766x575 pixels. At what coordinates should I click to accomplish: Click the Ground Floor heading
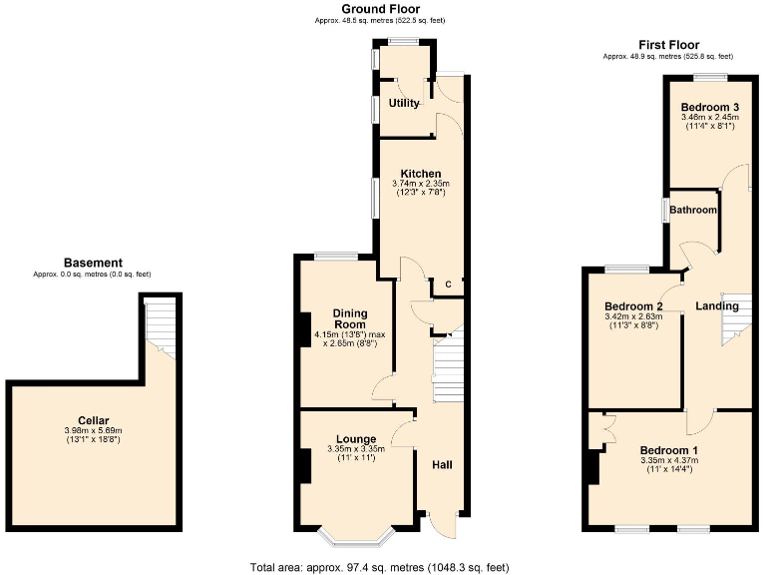[x=378, y=8]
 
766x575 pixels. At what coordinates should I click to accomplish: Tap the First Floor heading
[x=667, y=45]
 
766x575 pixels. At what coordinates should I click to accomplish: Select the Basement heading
[x=93, y=263]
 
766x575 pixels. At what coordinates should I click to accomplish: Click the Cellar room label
[x=94, y=420]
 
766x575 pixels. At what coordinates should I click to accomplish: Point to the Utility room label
[x=404, y=103]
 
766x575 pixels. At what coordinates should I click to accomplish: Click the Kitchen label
[x=421, y=174]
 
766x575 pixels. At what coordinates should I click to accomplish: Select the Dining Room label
[x=349, y=318]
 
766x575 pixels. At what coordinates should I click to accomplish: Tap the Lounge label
[x=356, y=439]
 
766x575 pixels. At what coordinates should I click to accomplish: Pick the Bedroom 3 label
[x=709, y=108]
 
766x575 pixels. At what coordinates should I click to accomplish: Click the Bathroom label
[x=693, y=210]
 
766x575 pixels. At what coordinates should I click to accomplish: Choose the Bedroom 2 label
[x=633, y=306]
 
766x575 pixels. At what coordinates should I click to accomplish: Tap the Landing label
[x=716, y=306]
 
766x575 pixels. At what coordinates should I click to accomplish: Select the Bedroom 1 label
[x=668, y=450]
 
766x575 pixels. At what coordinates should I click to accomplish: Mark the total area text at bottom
[x=379, y=566]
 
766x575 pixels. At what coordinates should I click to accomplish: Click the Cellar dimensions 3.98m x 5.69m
[x=94, y=430]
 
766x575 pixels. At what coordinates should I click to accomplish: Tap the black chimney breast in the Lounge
[x=299, y=464]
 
